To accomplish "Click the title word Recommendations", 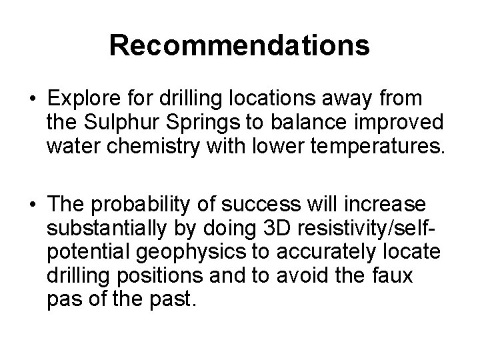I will [x=240, y=45].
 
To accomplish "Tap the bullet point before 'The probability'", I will [x=32, y=203].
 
